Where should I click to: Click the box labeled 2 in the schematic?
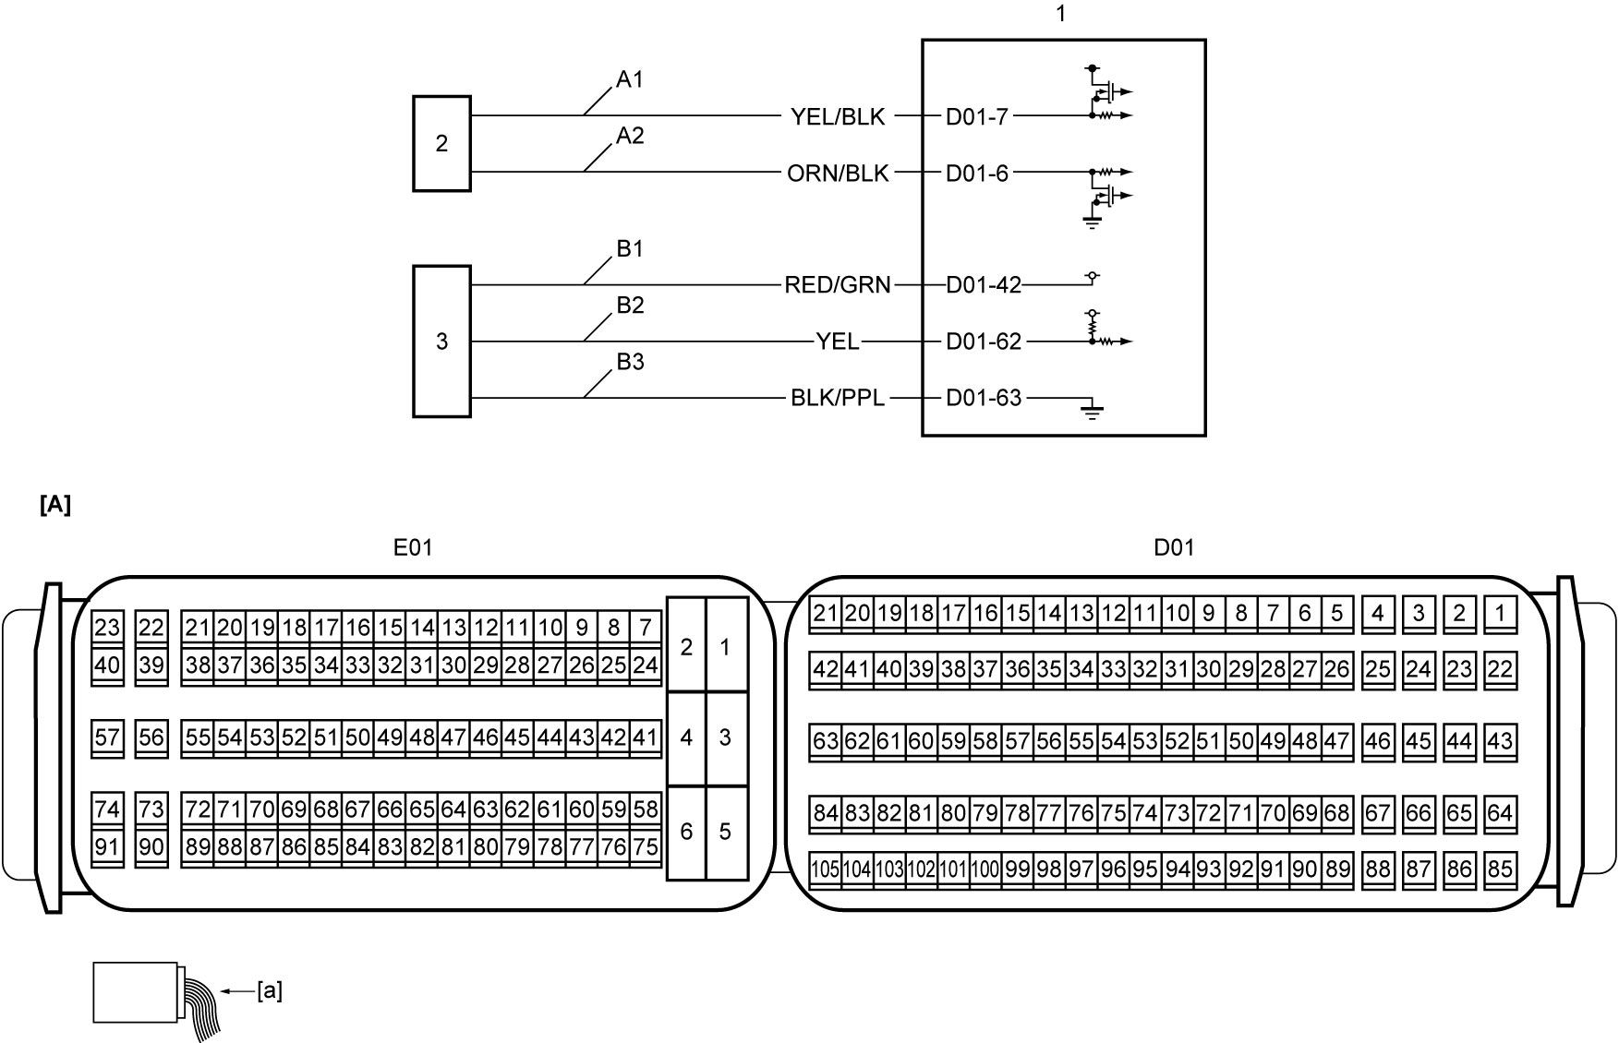(441, 144)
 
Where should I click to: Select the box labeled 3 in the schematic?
(441, 342)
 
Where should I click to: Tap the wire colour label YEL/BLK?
(838, 117)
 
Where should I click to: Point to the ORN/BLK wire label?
(838, 174)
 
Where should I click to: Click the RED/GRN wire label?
(838, 285)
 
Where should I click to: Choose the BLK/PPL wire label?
(838, 398)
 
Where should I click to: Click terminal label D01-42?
(984, 285)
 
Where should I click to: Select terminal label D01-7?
(977, 117)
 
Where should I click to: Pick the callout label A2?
(630, 137)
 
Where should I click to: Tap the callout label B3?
(630, 362)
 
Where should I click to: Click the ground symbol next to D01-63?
(1093, 411)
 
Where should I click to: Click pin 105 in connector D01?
(825, 870)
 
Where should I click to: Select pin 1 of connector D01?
(1500, 614)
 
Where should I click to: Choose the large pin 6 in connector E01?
(686, 832)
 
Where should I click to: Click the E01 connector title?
(413, 547)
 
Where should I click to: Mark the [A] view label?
(55, 505)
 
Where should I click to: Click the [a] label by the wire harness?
(269, 991)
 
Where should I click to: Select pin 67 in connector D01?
(1377, 814)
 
